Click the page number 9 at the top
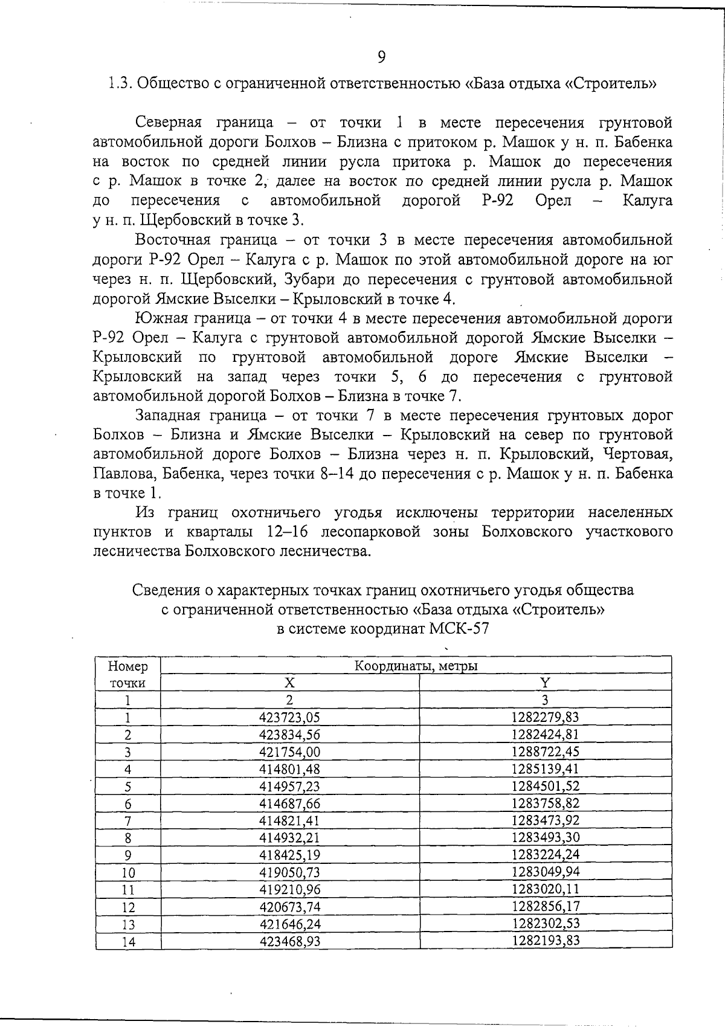381,57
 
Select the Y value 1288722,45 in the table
545,752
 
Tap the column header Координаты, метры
416,666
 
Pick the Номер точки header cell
127,674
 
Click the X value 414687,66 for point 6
289,803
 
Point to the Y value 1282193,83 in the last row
545,941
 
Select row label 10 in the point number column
127,872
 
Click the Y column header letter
545,683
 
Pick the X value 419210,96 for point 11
289,889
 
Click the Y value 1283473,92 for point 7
545,820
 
